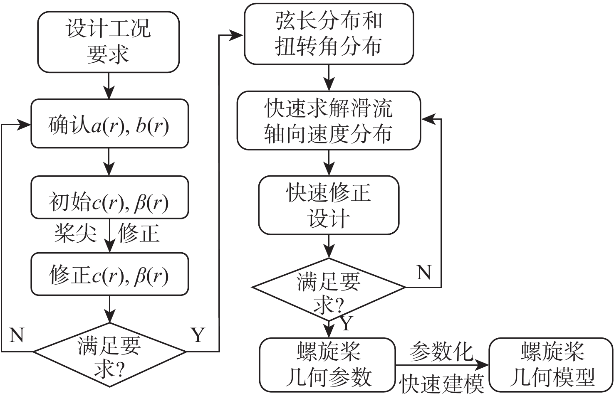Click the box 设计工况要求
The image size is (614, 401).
[108, 42]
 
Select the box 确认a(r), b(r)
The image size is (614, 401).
[109, 124]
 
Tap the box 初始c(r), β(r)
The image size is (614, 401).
[109, 198]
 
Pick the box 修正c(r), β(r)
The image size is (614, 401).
[109, 274]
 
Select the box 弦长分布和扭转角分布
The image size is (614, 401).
[329, 34]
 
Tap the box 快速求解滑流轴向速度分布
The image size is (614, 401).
[329, 121]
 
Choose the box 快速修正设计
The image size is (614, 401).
[329, 205]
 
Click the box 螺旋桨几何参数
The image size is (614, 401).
[327, 365]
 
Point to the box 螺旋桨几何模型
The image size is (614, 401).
[551, 365]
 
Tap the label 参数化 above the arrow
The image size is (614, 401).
[441, 352]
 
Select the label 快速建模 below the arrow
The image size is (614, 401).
[441, 383]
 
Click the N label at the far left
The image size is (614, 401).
[17, 335]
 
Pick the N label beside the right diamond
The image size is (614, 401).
[424, 273]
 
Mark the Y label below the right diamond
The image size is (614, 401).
[346, 323]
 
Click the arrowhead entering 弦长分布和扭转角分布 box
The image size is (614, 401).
[238, 35]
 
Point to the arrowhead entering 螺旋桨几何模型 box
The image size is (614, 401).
[483, 365]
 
